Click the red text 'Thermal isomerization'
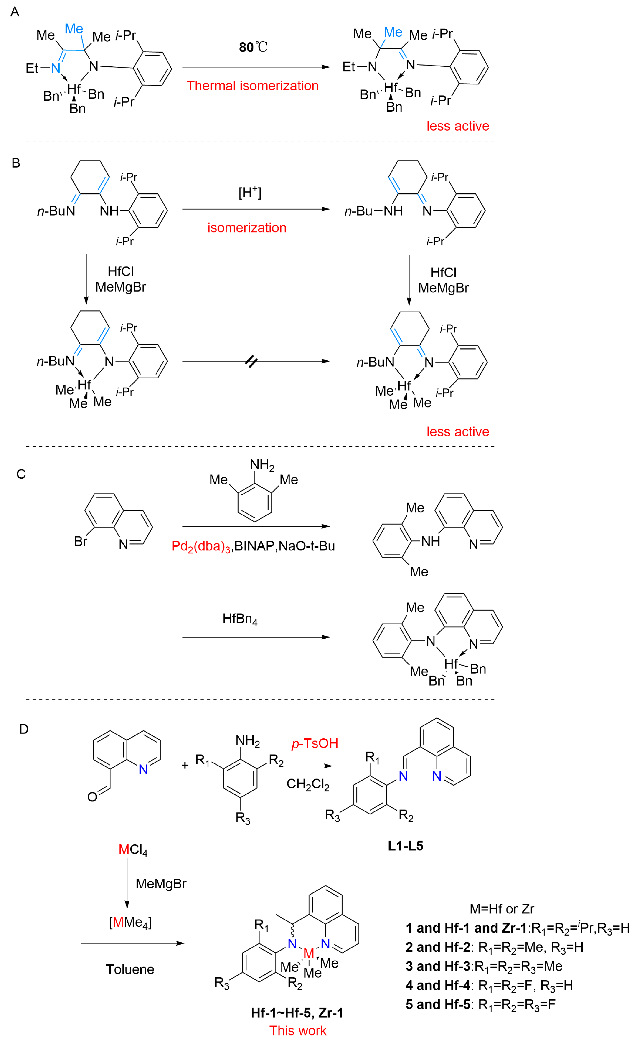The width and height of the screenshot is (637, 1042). click(253, 86)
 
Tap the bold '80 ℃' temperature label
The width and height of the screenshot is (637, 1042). click(253, 47)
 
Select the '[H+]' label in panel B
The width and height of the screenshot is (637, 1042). click(250, 193)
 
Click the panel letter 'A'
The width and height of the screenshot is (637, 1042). click(15, 12)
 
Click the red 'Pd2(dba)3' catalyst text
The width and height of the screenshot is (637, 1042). click(201, 546)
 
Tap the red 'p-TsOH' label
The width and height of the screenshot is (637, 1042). click(315, 743)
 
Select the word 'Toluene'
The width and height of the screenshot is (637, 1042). click(130, 969)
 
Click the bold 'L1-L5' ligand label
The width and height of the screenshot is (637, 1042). click(405, 846)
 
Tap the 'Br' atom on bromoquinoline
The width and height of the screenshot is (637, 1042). click(80, 541)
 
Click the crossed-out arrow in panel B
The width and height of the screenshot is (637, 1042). click(251, 362)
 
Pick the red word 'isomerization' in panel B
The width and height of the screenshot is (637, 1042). click(247, 228)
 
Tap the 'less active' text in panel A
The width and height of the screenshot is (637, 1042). click(458, 126)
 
